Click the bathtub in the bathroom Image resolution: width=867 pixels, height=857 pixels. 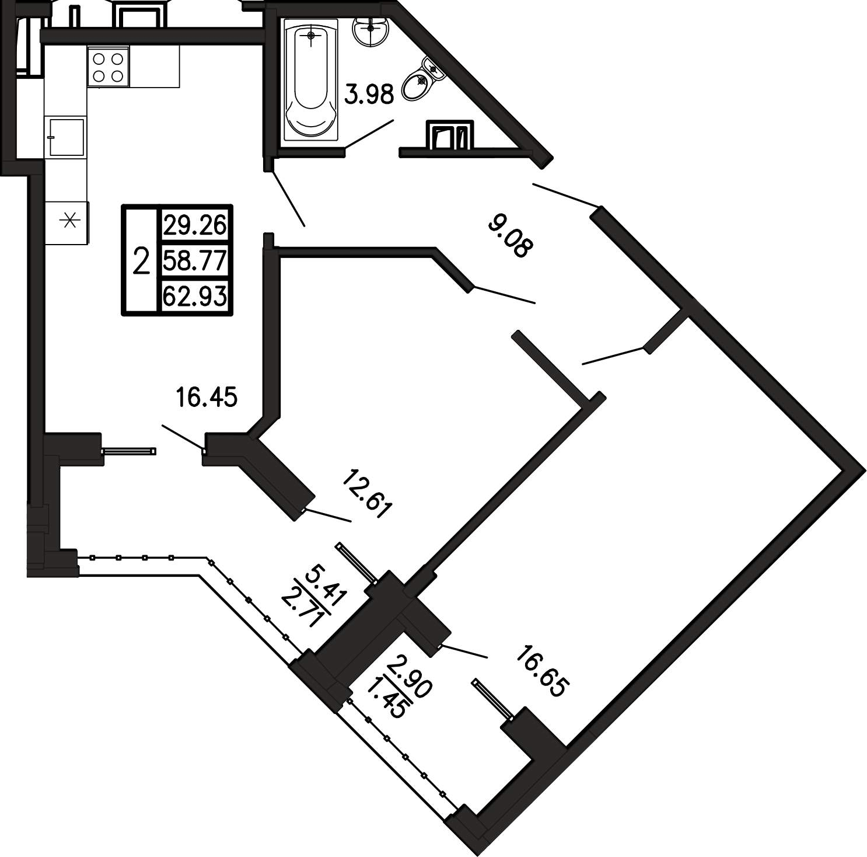pyautogui.click(x=310, y=81)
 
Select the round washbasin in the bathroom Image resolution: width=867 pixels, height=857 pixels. pyautogui.click(x=369, y=29)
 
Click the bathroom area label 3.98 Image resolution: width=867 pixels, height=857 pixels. pyautogui.click(x=370, y=93)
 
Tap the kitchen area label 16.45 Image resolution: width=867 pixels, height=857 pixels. pyautogui.click(x=206, y=397)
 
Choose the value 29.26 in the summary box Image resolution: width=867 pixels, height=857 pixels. pyautogui.click(x=194, y=225)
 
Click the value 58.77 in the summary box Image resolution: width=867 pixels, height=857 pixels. pyautogui.click(x=194, y=261)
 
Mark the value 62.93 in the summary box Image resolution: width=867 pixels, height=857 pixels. pyautogui.click(x=194, y=296)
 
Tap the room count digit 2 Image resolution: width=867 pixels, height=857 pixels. pyautogui.click(x=141, y=260)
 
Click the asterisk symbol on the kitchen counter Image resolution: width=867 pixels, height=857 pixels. pyautogui.click(x=69, y=221)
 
